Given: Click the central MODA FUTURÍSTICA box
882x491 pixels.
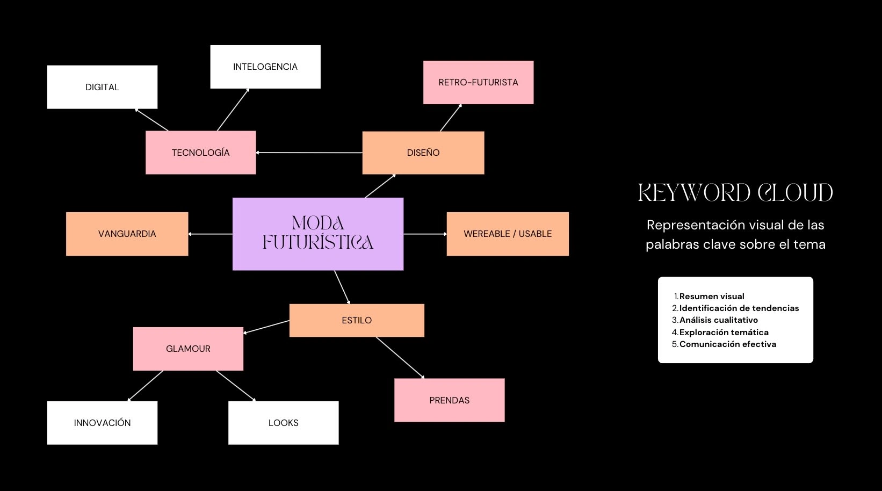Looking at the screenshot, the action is [x=318, y=234].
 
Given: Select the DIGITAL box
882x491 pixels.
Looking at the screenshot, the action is [x=103, y=87].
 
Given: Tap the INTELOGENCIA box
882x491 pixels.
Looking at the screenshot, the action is [x=265, y=67].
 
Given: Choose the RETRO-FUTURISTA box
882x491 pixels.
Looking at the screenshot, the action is [x=479, y=82].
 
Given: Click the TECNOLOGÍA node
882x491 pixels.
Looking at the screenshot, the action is [x=201, y=153].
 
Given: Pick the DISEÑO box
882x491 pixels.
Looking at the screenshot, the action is [x=423, y=153].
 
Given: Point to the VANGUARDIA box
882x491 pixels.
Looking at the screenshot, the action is [x=127, y=234].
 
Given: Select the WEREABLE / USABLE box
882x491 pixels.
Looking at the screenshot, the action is [x=508, y=234].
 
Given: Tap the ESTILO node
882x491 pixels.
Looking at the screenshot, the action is [x=357, y=320].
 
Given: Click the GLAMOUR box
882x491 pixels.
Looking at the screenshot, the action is [x=188, y=349].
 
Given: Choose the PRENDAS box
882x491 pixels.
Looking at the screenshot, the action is [x=449, y=400].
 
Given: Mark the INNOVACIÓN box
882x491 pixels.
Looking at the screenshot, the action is [x=103, y=423].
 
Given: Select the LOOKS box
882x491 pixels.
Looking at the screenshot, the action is [x=284, y=423].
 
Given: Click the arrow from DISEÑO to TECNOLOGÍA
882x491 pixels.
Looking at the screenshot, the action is [x=309, y=153].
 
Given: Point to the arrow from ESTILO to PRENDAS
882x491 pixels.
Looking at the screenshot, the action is [x=400, y=358].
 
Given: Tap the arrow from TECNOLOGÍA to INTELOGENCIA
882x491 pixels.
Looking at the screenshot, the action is [x=233, y=110].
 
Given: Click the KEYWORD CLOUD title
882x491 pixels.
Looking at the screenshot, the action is [x=735, y=193].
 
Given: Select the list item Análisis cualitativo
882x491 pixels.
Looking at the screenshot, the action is [x=719, y=320].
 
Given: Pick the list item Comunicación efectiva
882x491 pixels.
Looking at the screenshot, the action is [x=728, y=344].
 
